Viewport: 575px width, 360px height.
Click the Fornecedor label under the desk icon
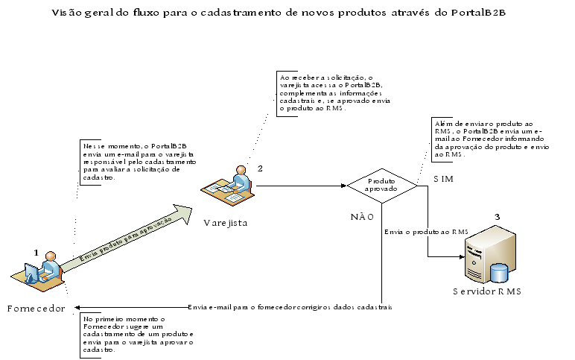tap(36, 308)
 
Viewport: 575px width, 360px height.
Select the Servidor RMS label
tap(486, 291)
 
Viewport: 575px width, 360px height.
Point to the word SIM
tap(445, 180)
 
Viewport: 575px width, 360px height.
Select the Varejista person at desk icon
tap(229, 187)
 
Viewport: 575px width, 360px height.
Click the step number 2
tap(259, 168)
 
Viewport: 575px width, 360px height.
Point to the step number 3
tap(497, 217)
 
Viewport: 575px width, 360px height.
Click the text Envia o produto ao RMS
tap(426, 232)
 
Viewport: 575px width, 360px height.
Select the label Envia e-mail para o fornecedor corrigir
tap(290, 306)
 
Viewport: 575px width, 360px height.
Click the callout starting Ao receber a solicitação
tap(324, 92)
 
